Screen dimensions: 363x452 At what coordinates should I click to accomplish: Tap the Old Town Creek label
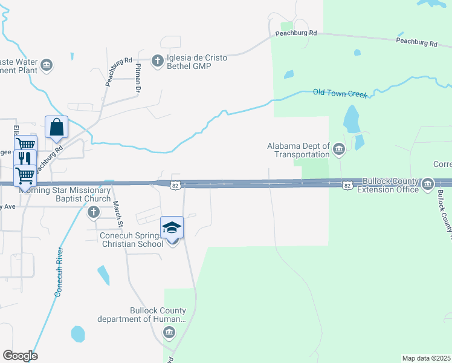[340, 93]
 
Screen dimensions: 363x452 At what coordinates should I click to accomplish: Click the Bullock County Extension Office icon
[428, 183]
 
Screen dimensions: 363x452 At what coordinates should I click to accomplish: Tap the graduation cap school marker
[172, 227]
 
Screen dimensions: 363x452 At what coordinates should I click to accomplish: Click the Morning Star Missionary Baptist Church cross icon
[93, 212]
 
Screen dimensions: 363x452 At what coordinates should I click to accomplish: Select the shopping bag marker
[56, 128]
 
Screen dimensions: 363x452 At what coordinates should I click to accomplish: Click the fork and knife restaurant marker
[25, 159]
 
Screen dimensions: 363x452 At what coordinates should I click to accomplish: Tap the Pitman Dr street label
[138, 78]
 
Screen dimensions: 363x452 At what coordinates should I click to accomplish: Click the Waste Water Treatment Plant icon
[47, 65]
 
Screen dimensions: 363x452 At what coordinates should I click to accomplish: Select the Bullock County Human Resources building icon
[169, 332]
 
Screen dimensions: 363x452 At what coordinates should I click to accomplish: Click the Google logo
[20, 356]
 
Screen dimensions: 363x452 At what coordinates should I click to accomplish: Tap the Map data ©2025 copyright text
[426, 358]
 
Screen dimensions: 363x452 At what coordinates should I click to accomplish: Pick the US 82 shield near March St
[175, 185]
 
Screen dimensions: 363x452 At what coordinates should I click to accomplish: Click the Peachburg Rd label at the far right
[416, 42]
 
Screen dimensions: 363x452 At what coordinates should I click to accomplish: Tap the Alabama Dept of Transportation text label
[299, 149]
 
